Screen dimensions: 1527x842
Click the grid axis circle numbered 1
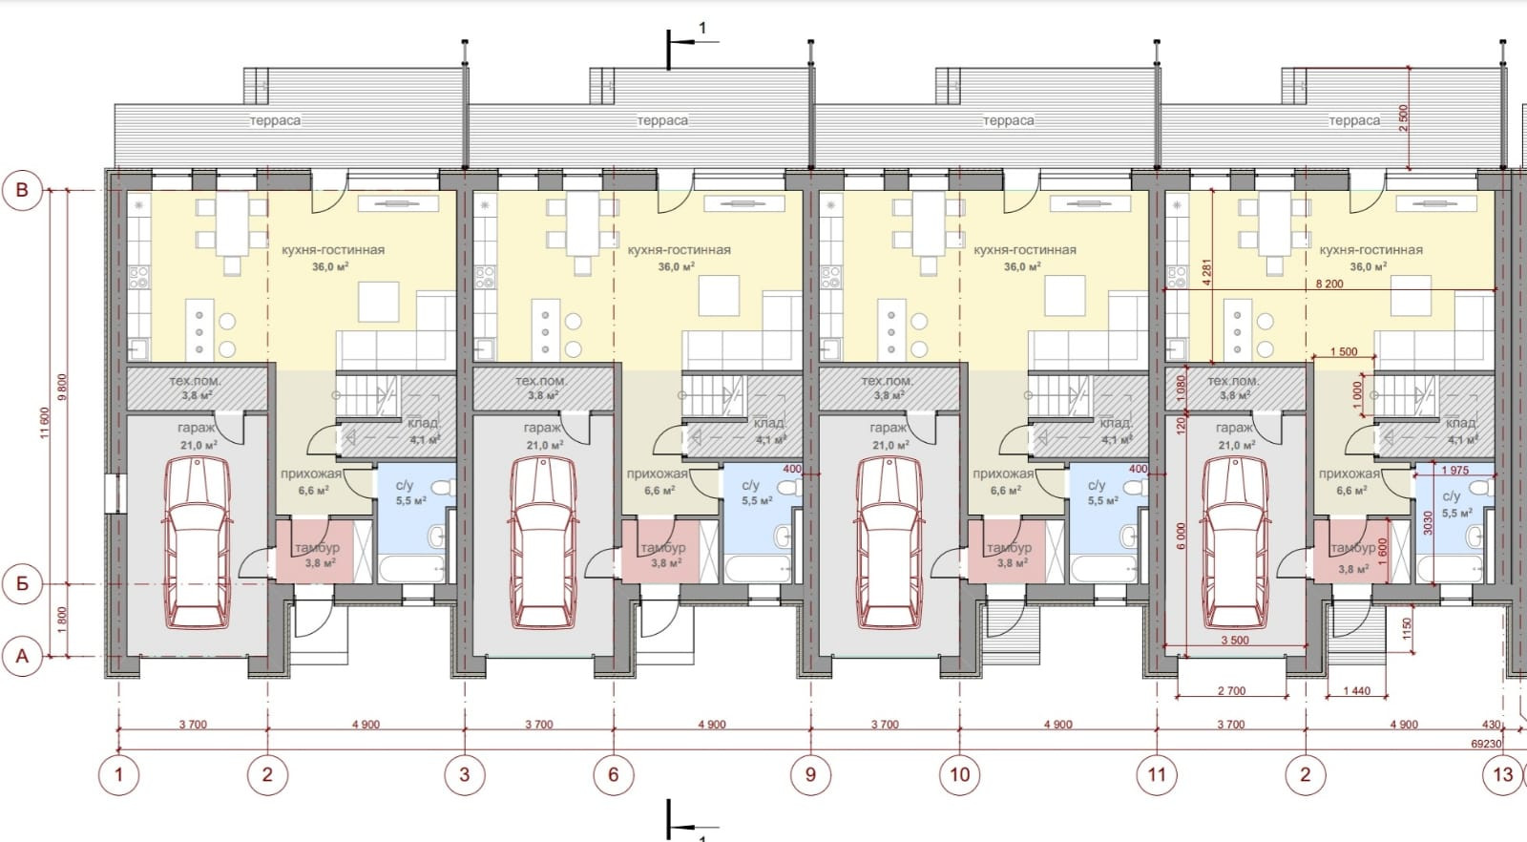(x=119, y=774)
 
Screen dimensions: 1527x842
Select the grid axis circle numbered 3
(x=465, y=774)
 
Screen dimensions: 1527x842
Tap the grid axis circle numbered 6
(x=614, y=774)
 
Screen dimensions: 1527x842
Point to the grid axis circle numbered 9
(x=810, y=774)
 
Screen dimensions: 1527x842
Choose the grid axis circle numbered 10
(x=959, y=774)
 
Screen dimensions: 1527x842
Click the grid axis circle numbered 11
(x=1157, y=774)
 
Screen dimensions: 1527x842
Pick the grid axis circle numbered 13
(x=1503, y=774)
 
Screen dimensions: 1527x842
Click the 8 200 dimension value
(x=1328, y=284)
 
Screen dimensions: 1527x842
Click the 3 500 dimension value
(x=1234, y=641)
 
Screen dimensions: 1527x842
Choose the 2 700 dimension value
(x=1232, y=691)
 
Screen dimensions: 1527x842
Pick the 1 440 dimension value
(x=1355, y=691)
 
